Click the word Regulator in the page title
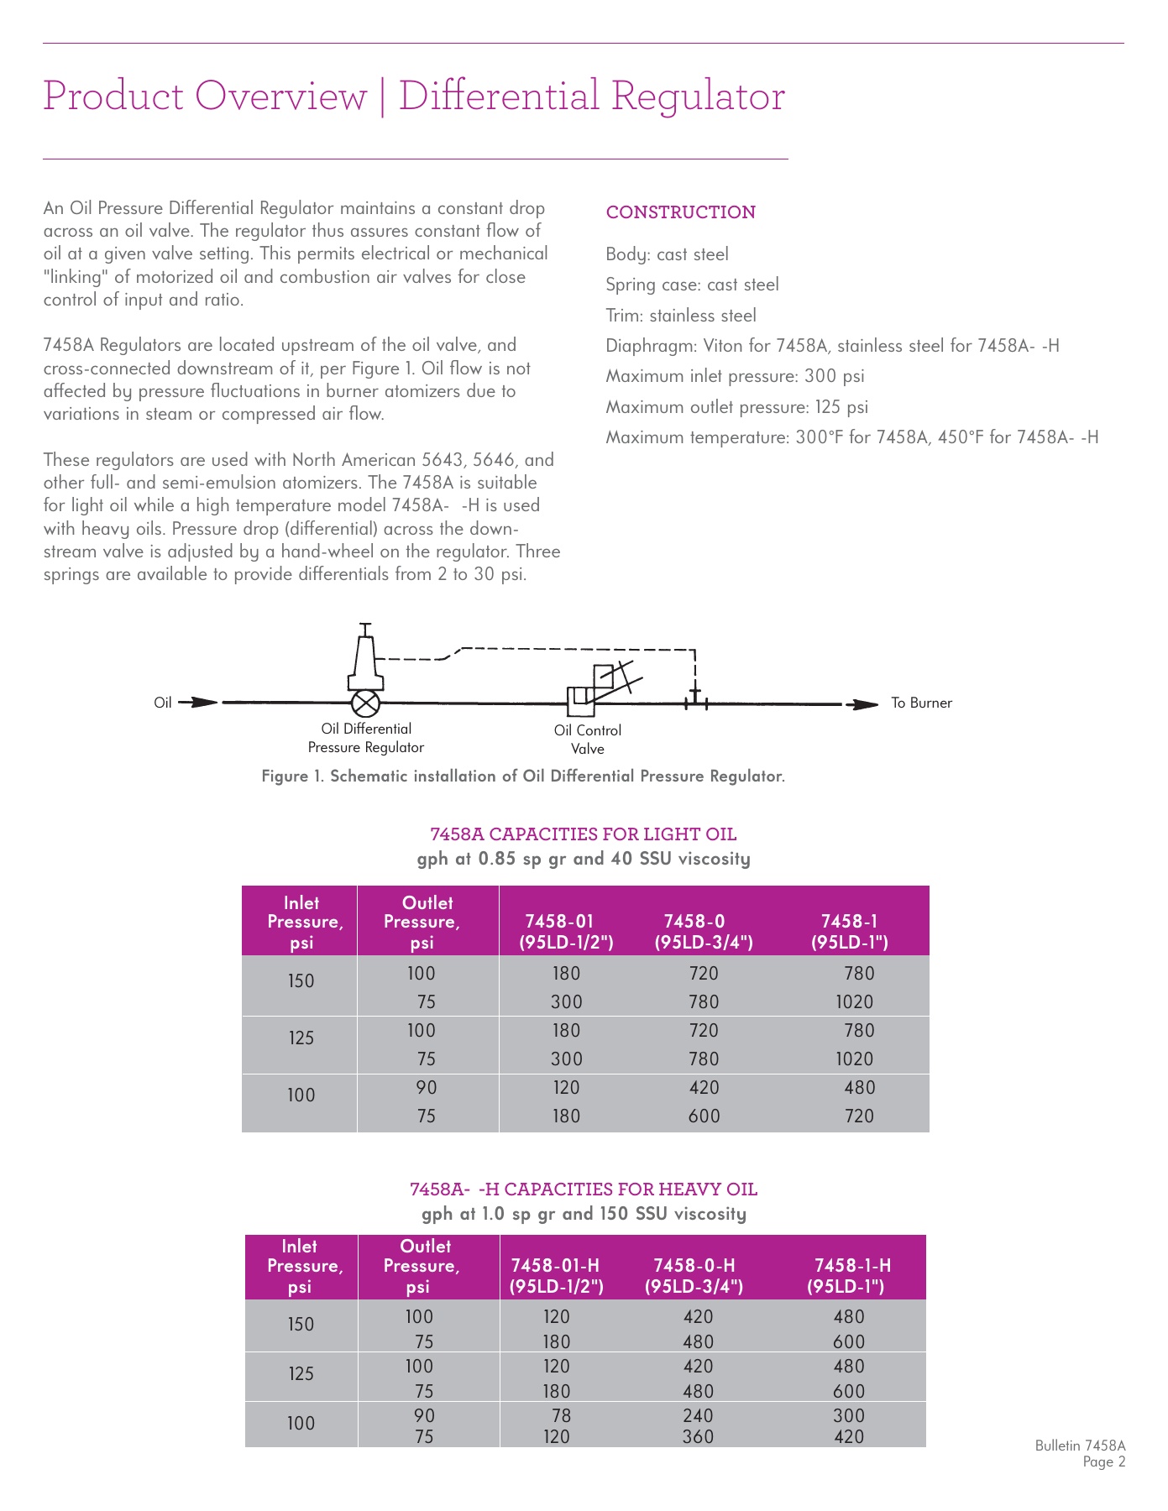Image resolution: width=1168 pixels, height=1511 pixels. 698,96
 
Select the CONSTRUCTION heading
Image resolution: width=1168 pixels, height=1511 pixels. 680,212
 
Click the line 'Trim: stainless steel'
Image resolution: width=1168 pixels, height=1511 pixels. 680,316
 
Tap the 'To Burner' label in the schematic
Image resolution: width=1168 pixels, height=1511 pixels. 921,703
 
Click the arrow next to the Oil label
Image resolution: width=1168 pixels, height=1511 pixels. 198,703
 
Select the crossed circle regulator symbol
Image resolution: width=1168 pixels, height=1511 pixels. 366,703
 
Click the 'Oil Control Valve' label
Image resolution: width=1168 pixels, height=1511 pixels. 587,739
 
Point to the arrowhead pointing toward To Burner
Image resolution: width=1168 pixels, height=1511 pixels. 862,704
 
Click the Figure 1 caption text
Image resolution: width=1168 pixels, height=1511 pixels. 522,776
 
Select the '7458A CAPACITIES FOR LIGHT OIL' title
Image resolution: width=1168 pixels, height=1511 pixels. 583,834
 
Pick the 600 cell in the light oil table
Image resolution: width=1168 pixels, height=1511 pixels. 704,1116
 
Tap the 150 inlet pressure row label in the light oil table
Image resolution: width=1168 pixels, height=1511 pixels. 301,980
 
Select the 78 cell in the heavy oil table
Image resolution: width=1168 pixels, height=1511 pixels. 560,1416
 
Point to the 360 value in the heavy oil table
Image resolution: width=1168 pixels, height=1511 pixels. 698,1436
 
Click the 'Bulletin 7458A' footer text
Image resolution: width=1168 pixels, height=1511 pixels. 1079,1446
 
